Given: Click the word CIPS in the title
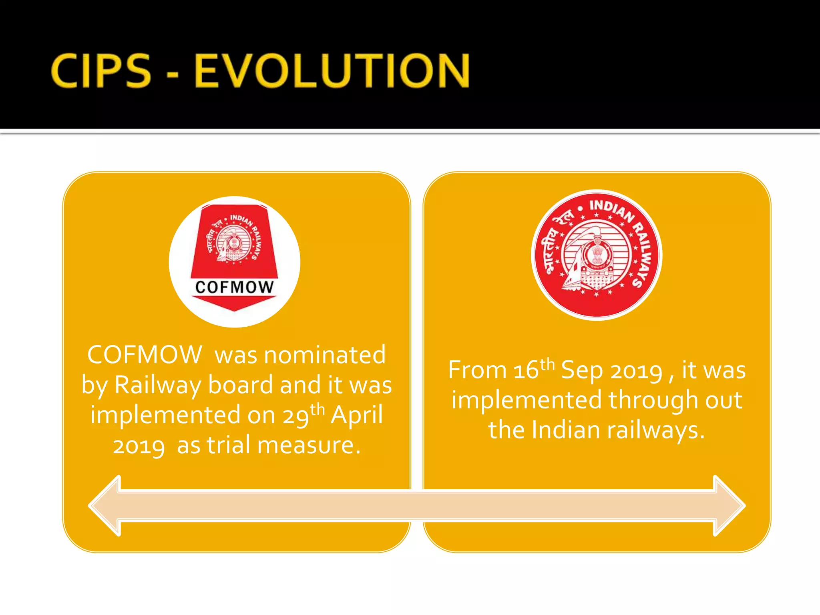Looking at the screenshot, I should tap(101, 71).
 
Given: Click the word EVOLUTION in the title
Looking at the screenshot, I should tap(332, 71).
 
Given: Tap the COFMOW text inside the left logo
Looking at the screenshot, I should tap(235, 287).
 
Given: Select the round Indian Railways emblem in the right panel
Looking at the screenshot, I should tap(597, 255).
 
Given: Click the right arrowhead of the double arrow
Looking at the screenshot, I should tap(730, 506).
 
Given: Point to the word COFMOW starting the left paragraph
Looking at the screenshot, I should tap(145, 355).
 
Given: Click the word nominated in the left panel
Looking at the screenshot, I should tap(325, 355).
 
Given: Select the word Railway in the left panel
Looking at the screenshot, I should tap(158, 385).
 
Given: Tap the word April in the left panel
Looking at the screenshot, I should tap(357, 415).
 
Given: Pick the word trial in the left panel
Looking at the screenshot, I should tap(229, 445).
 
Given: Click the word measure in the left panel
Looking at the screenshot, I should tap(308, 445).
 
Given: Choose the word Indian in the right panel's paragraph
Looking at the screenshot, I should tap(566, 430).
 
